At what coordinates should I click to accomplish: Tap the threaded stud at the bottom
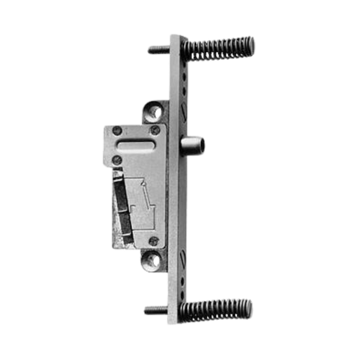[155, 307]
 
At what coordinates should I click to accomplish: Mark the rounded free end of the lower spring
[248, 307]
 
